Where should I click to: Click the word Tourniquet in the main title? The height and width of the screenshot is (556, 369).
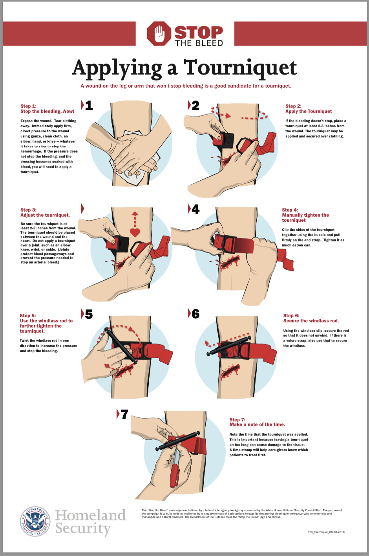(x=240, y=68)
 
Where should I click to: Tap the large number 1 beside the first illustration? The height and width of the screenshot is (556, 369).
(x=89, y=105)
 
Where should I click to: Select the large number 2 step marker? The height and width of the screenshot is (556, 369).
(x=195, y=105)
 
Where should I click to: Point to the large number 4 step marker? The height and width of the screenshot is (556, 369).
(x=195, y=209)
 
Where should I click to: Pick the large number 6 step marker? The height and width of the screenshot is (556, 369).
(x=195, y=314)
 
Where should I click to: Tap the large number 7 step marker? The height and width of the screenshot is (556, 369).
(x=124, y=414)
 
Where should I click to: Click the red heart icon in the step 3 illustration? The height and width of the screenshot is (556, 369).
(x=135, y=232)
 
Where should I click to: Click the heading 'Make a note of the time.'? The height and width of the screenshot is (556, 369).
(x=258, y=424)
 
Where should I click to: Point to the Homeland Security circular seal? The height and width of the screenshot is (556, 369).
(x=35, y=521)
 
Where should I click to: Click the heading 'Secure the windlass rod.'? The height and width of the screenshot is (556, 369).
(x=311, y=321)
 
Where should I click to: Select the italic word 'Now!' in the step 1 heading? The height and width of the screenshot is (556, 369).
(x=69, y=112)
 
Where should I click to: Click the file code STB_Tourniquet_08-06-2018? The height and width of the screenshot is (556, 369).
(x=326, y=532)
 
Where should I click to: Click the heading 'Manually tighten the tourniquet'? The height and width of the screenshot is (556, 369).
(x=305, y=218)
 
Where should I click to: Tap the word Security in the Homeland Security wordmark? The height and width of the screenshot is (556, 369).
(x=83, y=529)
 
